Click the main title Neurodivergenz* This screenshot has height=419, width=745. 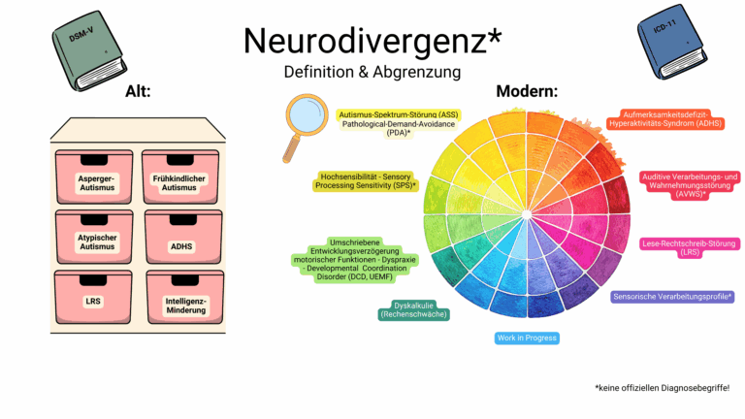tap(372, 41)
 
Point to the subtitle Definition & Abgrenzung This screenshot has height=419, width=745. tap(372, 72)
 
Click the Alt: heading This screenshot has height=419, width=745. tap(138, 92)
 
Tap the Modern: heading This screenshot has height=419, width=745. tap(526, 92)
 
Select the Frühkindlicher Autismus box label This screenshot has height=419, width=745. tap(180, 183)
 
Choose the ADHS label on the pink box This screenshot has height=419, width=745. tap(180, 246)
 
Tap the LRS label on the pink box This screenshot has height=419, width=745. tap(93, 302)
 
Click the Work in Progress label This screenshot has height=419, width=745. tap(527, 338)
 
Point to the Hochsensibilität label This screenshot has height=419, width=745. tap(367, 180)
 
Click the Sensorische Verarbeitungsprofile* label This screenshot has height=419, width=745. tap(672, 297)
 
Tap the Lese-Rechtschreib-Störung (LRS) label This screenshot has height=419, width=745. tap(690, 247)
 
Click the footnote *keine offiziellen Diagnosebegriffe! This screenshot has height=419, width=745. tap(662, 388)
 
